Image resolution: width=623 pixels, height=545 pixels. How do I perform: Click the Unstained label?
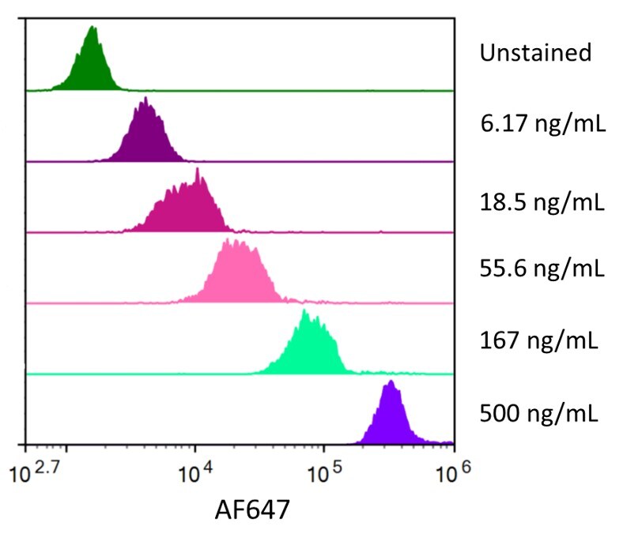[x=535, y=53]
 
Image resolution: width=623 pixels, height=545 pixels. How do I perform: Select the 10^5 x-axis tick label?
[x=323, y=477]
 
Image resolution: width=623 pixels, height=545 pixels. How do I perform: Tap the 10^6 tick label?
[x=451, y=477]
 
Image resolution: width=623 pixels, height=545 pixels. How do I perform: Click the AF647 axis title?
[x=252, y=511]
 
